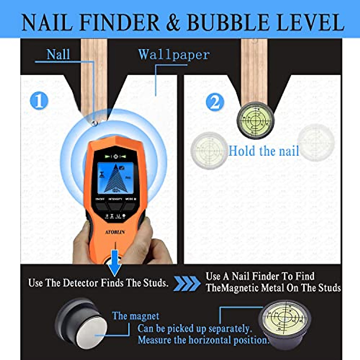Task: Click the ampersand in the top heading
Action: [x=173, y=23]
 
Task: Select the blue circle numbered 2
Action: [x=215, y=102]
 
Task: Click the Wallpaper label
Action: [x=174, y=55]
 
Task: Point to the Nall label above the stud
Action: [x=58, y=55]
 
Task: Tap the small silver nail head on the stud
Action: [x=94, y=123]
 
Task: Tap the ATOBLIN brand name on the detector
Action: [x=115, y=232]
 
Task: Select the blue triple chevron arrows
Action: [x=186, y=283]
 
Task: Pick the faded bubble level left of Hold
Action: [x=209, y=150]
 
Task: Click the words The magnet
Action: [x=136, y=316]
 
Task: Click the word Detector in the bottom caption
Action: [x=80, y=283]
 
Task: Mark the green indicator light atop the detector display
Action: [x=116, y=156]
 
